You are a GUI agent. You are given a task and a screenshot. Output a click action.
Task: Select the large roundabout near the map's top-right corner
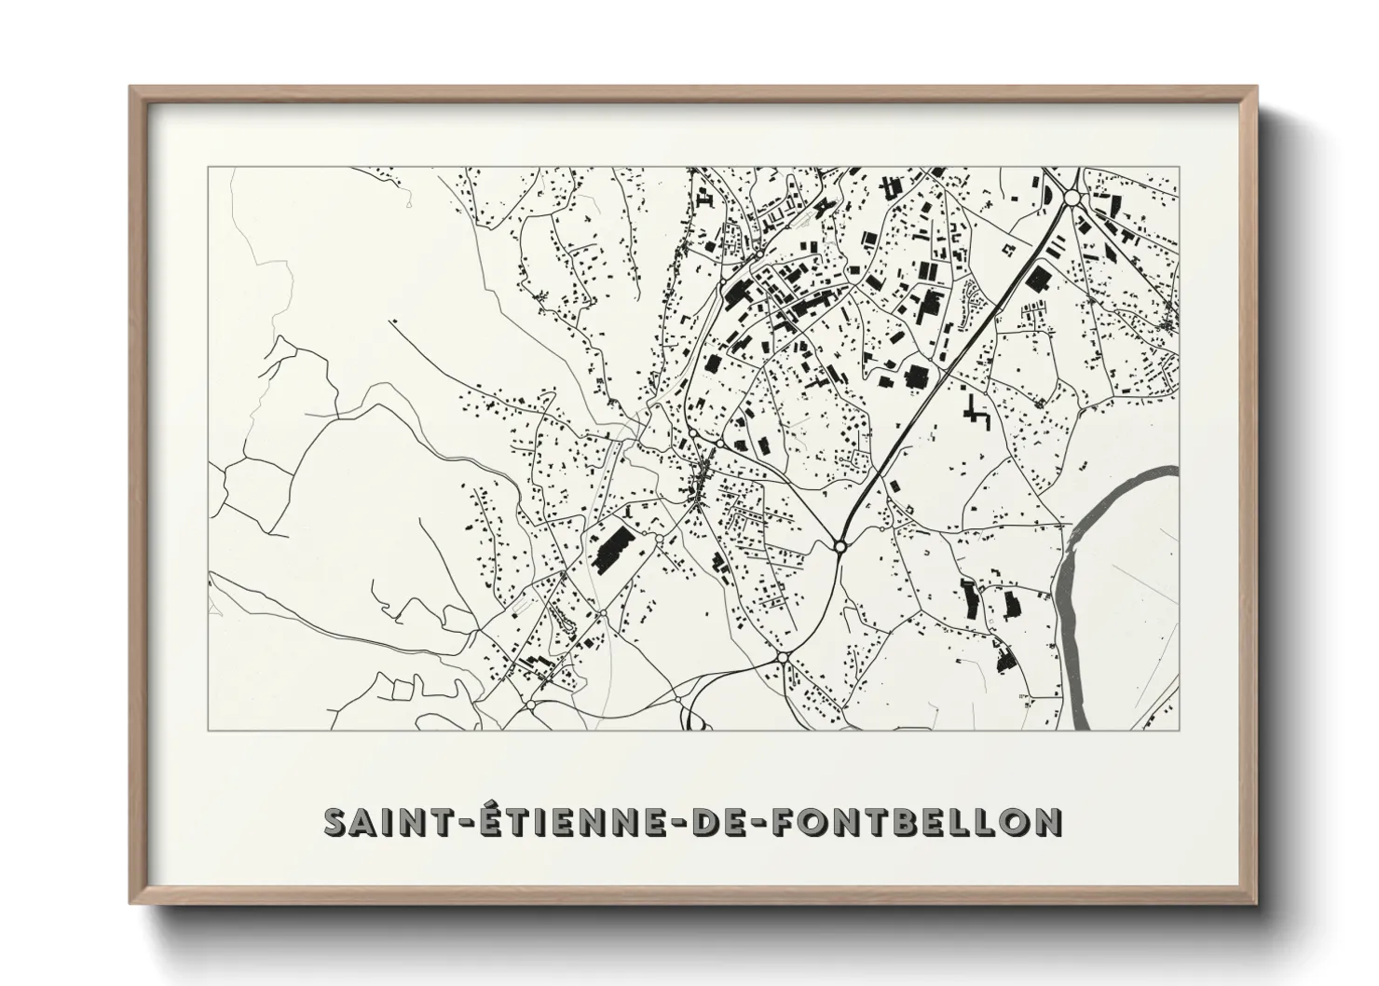point(1071,198)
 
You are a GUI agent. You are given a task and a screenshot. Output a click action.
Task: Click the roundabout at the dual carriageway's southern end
point(840,547)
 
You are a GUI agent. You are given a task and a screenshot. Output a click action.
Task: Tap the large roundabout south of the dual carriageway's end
point(783,658)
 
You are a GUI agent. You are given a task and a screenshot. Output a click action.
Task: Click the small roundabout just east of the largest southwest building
point(659,539)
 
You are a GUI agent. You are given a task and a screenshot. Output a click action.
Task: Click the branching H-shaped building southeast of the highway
point(976,413)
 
